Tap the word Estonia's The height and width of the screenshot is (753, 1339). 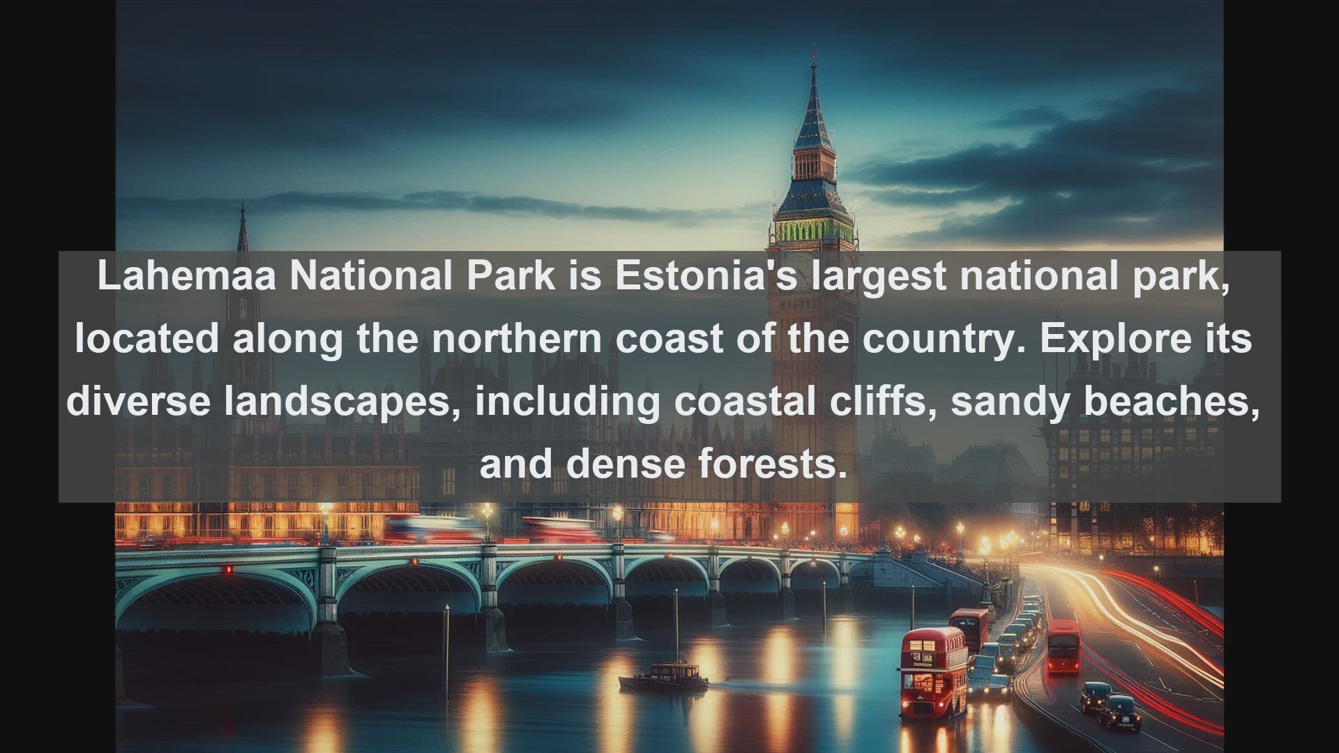tap(706, 275)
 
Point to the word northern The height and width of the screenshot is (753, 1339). tap(517, 338)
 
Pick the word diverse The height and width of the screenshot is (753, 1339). tap(138, 401)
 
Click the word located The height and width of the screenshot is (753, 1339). tap(146, 338)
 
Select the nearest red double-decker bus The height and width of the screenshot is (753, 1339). tap(934, 672)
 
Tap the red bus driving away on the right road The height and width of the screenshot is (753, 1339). tap(1063, 646)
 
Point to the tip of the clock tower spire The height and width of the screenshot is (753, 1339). tap(813, 46)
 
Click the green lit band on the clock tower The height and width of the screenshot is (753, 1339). tap(813, 230)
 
